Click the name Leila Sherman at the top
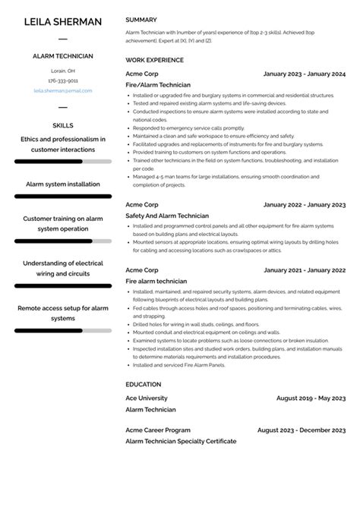click(x=62, y=21)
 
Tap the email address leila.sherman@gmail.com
click(x=62, y=90)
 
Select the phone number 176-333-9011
click(x=62, y=80)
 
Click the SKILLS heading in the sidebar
click(x=62, y=124)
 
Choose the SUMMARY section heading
click(x=141, y=20)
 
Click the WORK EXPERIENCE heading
click(x=154, y=60)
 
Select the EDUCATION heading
click(x=143, y=384)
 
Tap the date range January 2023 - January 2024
click(x=304, y=74)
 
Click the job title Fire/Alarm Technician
click(x=158, y=85)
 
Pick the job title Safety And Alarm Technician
click(x=166, y=216)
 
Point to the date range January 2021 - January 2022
click(x=304, y=270)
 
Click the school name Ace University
click(x=147, y=398)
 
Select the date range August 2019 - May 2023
click(x=311, y=398)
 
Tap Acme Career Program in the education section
click(x=158, y=430)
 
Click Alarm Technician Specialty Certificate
click(x=181, y=441)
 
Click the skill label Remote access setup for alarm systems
click(x=62, y=313)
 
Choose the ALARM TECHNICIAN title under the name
click(x=62, y=56)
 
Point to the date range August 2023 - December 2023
click(x=302, y=430)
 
